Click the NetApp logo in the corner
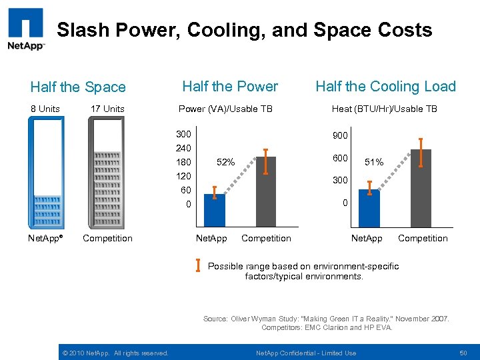coord(26,29)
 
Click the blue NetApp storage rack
coord(45,173)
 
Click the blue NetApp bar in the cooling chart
coord(369,208)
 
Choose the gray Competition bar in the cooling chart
coord(421,188)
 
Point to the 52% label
coord(226,162)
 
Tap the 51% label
coord(373,162)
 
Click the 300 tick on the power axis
coord(183,134)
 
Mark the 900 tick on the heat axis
coord(341,135)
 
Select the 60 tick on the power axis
coord(186,190)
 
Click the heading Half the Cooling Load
coord(385,87)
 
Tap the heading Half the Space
coord(78,87)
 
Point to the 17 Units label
coord(107,109)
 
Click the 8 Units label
coord(45,109)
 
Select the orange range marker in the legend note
coord(199,265)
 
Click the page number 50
coord(463,353)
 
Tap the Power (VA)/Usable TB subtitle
coord(225,109)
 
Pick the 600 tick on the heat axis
coord(341,158)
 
